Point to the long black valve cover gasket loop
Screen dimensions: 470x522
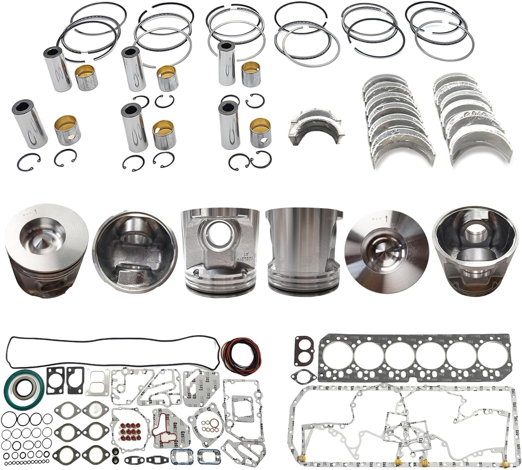(x=111, y=351)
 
